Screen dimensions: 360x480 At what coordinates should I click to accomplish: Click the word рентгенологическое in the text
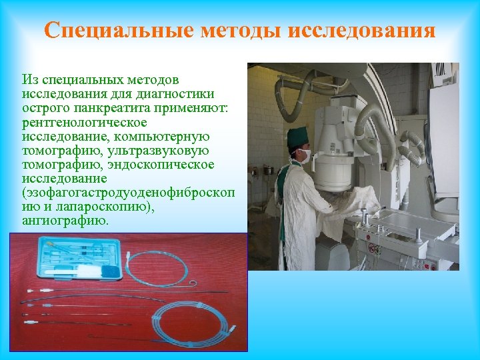coord(85,123)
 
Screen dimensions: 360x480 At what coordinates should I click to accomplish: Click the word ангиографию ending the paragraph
coord(65,221)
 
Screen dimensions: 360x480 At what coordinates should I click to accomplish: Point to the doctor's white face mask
coord(304,157)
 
